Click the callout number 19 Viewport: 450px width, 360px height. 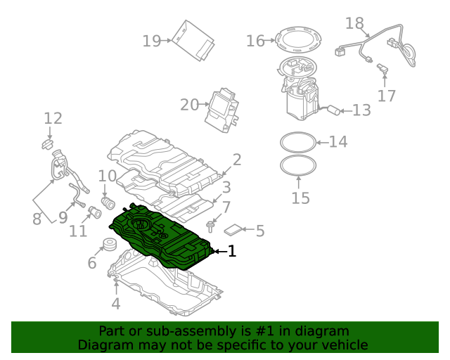point(151,41)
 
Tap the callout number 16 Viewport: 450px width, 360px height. point(255,41)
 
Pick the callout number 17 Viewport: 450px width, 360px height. point(387,96)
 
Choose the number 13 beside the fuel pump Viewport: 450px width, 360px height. point(361,110)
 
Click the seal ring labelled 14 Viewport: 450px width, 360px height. point(297,141)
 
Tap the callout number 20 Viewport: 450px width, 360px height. point(189,105)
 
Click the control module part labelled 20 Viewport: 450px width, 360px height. point(223,110)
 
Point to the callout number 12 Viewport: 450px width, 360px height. point(53,119)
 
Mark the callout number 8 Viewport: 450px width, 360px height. point(37,219)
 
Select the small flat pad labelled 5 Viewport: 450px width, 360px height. point(234,229)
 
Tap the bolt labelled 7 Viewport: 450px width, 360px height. point(210,226)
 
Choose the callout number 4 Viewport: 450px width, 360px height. point(116,304)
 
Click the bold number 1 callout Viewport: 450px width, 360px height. point(231,251)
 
